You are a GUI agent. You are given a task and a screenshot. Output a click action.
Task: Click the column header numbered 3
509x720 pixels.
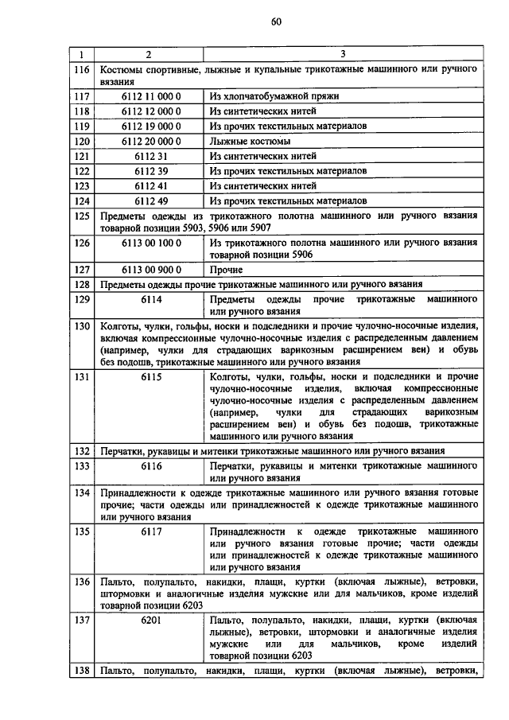tap(343, 54)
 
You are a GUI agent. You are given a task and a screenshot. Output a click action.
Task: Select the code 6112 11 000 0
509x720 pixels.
tap(151, 96)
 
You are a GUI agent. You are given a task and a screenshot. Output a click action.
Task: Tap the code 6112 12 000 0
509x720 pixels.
tap(151, 111)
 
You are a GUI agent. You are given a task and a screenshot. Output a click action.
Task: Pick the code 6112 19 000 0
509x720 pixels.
tap(151, 126)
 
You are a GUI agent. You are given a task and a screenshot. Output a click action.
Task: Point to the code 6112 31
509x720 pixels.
tap(151, 156)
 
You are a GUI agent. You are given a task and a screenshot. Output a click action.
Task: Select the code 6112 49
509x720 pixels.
tap(151, 200)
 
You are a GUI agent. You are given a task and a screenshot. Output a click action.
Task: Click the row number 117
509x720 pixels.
tap(80, 96)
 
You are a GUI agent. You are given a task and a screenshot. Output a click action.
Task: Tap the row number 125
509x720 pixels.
tap(80, 216)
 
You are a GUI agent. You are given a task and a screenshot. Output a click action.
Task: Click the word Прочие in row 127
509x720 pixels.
tap(227, 270)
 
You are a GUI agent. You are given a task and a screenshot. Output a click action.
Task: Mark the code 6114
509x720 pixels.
tap(151, 299)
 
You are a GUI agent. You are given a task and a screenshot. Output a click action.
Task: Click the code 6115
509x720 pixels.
tap(151, 376)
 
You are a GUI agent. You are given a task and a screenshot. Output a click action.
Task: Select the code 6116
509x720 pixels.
tap(151, 465)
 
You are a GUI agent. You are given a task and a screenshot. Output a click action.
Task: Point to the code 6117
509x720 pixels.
tap(151, 530)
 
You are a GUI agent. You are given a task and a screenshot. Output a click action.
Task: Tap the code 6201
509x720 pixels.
tap(151, 619)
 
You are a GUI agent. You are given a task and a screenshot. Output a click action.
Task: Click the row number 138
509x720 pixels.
tap(80, 671)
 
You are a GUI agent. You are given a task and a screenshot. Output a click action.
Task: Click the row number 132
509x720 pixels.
tap(80, 451)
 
